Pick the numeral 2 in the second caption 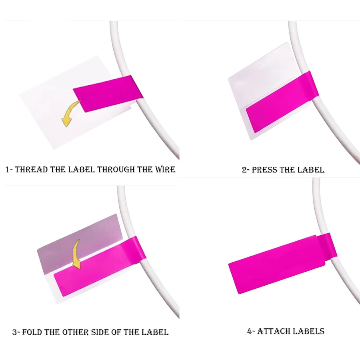point(244,170)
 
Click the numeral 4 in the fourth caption point(250,331)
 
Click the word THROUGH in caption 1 point(116,170)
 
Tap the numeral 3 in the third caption point(14,332)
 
